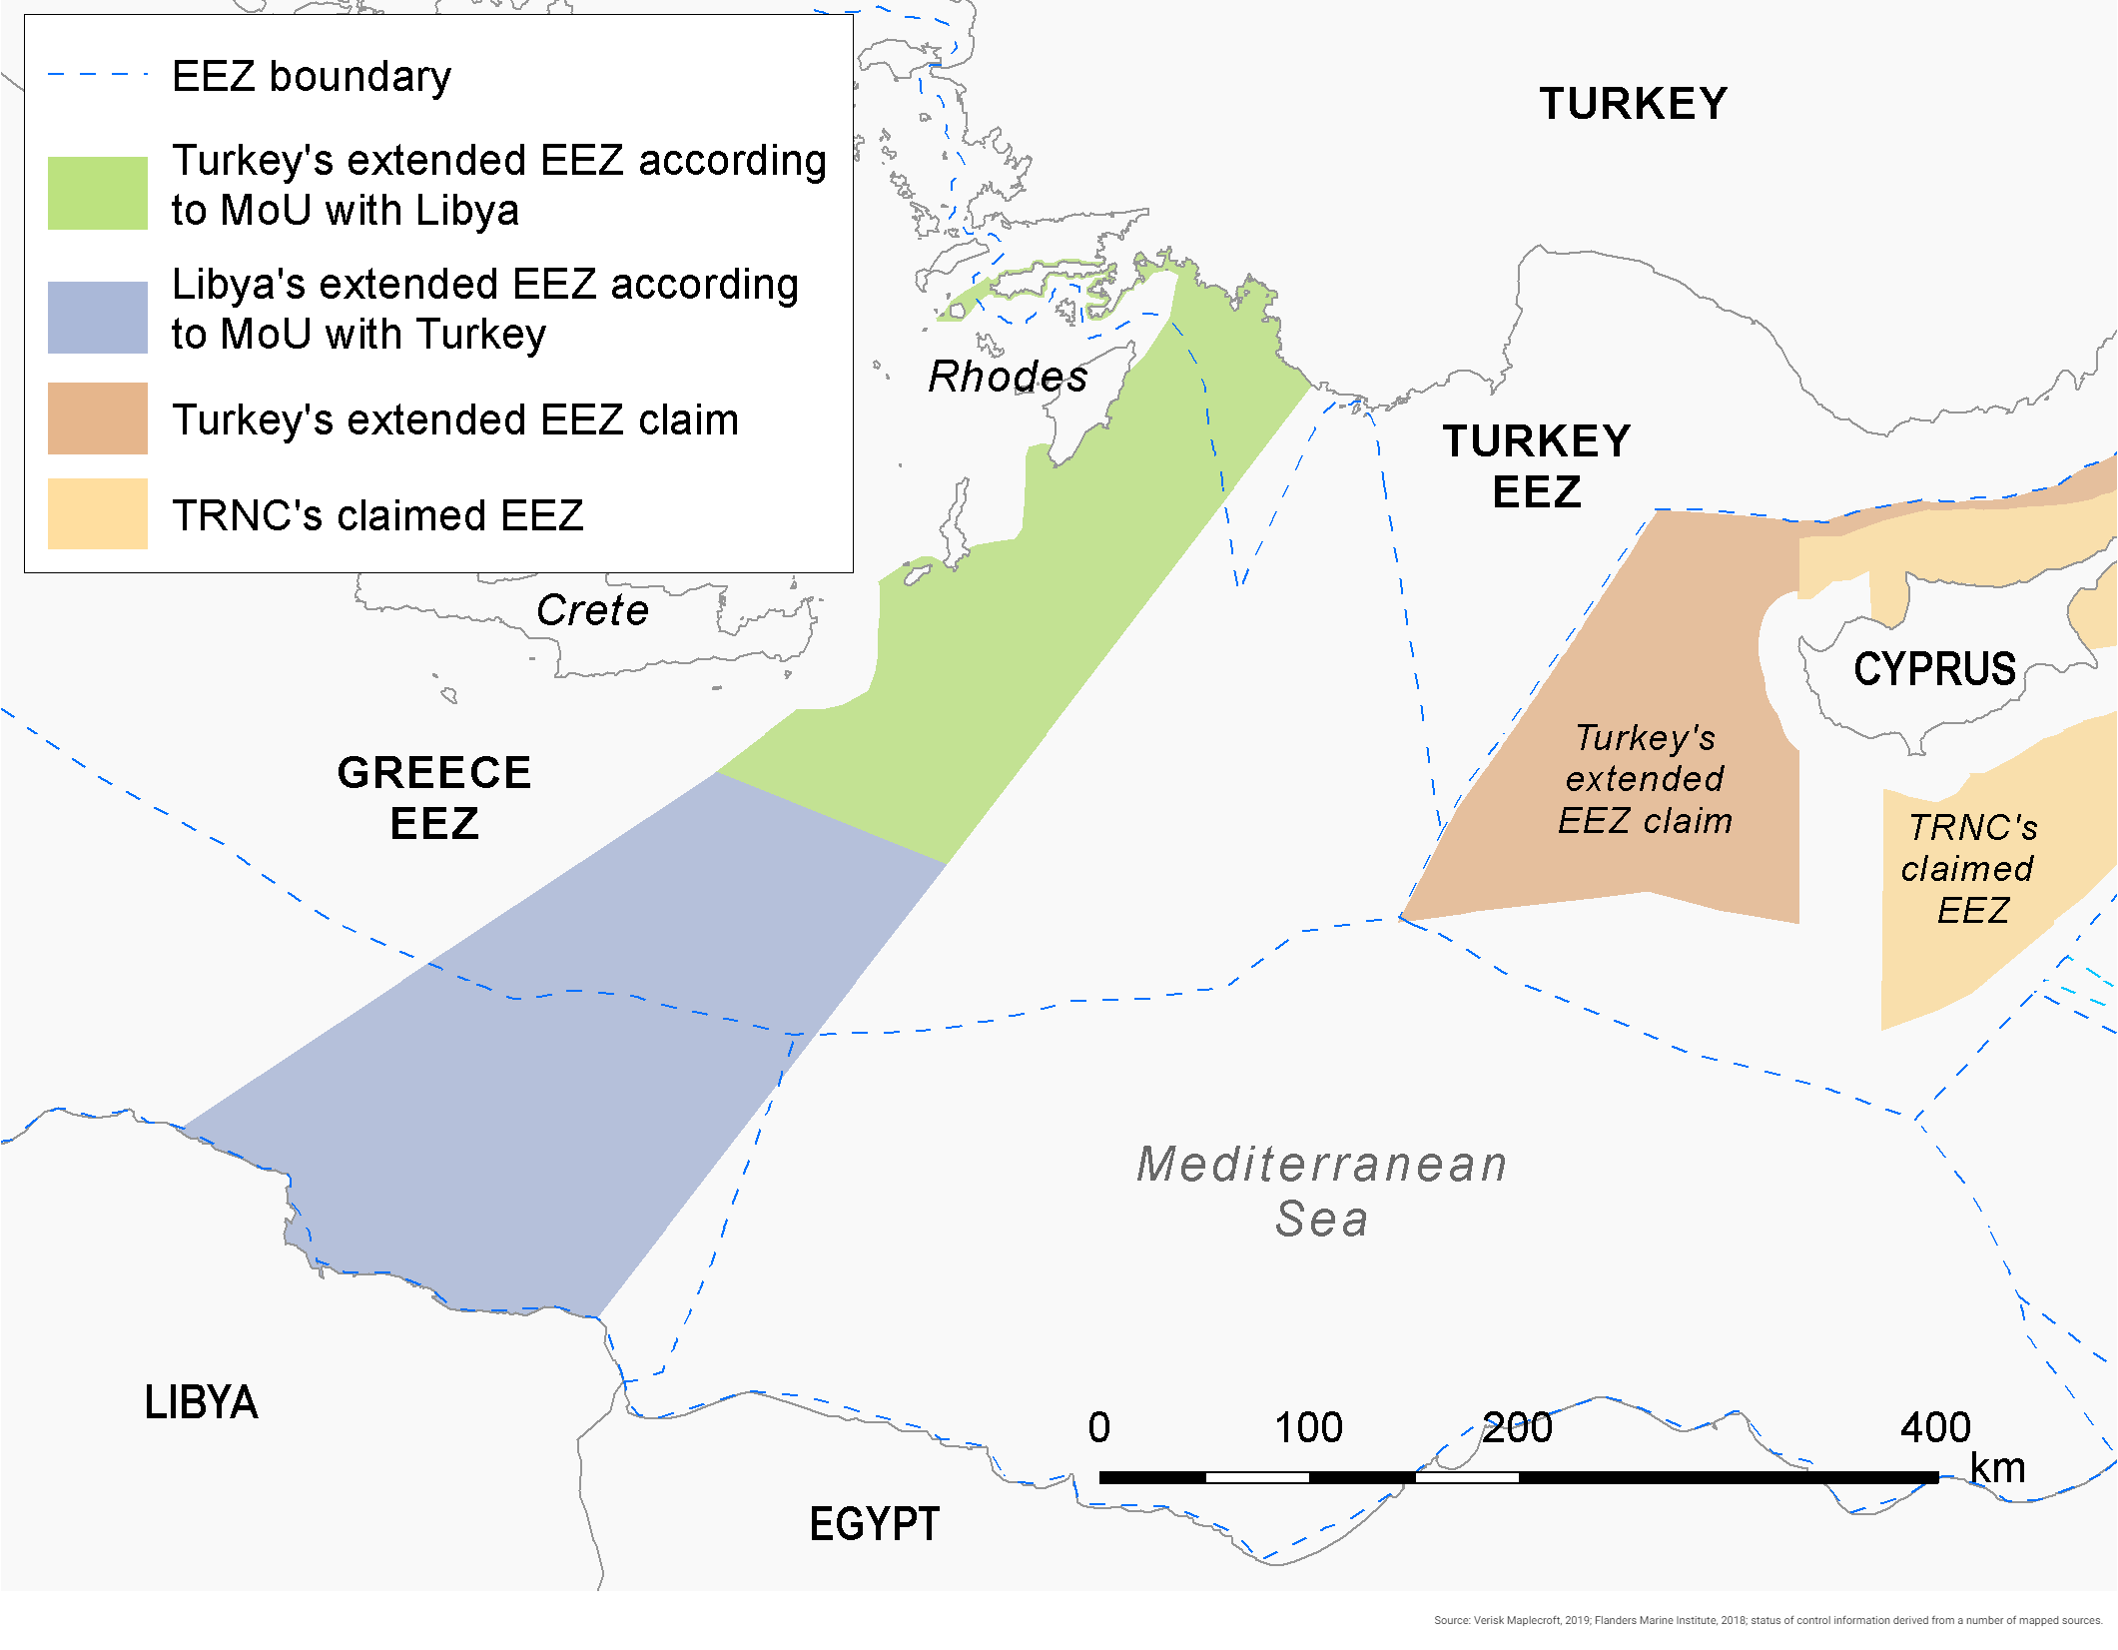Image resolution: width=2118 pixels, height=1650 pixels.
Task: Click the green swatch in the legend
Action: tap(98, 193)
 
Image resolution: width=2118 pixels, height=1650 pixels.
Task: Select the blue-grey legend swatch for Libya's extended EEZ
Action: tap(98, 317)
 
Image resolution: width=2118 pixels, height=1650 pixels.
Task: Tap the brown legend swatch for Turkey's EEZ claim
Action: tap(98, 418)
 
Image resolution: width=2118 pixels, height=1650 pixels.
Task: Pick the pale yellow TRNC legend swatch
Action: tap(98, 513)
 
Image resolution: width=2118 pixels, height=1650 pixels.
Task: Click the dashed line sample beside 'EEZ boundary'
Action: tap(98, 75)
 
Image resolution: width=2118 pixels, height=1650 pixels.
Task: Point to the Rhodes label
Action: tap(1007, 377)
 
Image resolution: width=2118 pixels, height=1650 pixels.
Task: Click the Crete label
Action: tap(592, 610)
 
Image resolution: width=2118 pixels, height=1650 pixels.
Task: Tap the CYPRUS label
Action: tap(1934, 668)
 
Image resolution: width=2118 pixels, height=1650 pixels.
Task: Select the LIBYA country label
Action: tap(201, 1402)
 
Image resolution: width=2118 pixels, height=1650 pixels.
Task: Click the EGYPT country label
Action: tap(874, 1523)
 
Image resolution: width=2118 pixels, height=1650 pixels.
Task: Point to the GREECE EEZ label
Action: tap(433, 798)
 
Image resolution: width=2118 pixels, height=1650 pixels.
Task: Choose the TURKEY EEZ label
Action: tap(1537, 466)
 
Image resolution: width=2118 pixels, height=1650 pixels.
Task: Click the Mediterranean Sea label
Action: tap(1321, 1191)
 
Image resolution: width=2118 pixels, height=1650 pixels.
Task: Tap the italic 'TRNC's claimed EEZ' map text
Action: tap(1969, 869)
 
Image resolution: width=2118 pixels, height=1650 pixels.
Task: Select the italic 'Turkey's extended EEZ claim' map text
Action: tap(1645, 779)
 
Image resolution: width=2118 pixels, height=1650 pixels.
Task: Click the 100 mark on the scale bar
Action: tap(1308, 1428)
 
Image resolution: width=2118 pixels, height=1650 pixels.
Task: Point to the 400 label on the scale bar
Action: tap(1934, 1428)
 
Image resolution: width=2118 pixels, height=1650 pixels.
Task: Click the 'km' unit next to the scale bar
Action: tap(1997, 1468)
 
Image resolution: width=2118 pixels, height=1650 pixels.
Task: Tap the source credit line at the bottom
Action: tap(1766, 1620)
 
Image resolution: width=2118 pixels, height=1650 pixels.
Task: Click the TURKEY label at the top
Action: tap(1633, 104)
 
